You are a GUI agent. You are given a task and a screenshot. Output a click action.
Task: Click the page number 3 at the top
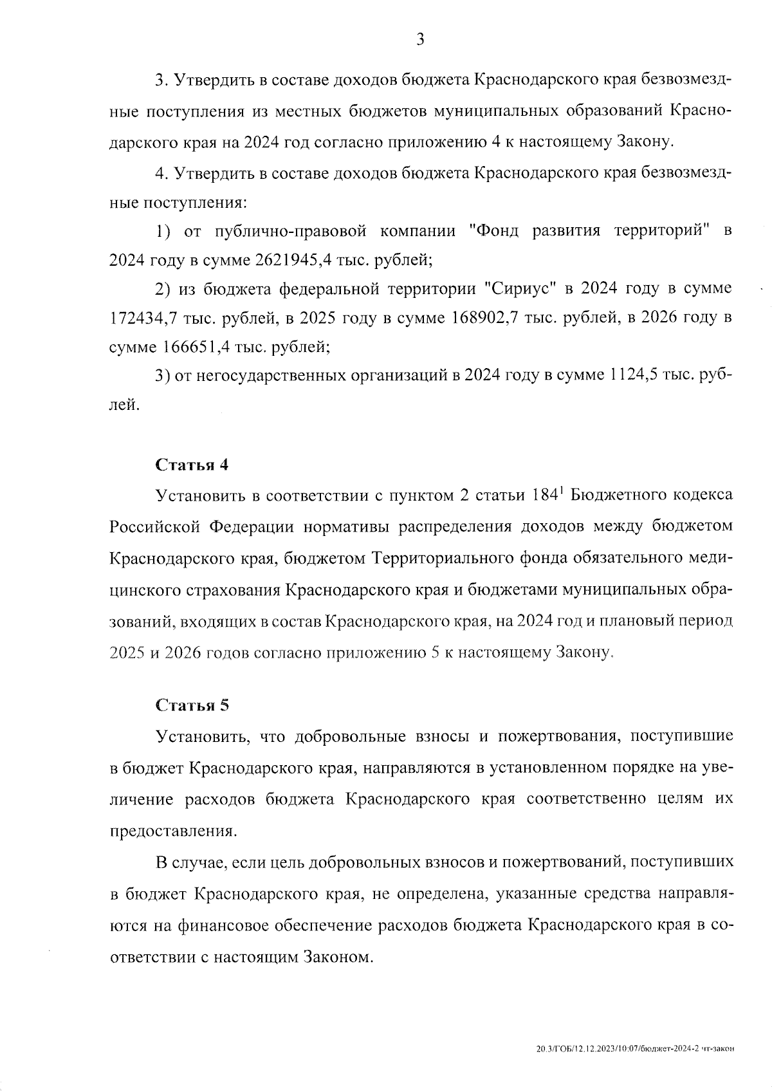tap(420, 40)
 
